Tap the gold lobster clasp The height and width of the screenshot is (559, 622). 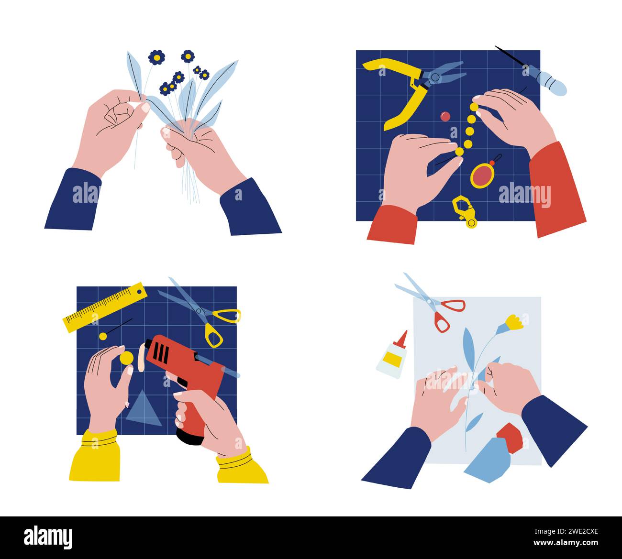tap(464, 210)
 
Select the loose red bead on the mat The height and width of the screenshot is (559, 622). tap(445, 116)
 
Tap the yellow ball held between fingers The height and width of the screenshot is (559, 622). tap(126, 358)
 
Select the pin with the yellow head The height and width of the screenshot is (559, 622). tap(103, 336)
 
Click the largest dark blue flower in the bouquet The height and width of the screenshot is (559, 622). tap(156, 57)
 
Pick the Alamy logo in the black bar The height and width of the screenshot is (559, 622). tap(48, 537)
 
